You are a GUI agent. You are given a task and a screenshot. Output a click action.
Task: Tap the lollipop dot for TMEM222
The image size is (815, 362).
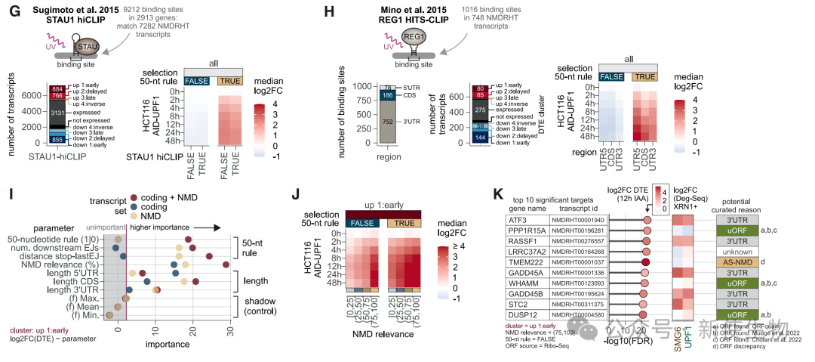tap(646, 261)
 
